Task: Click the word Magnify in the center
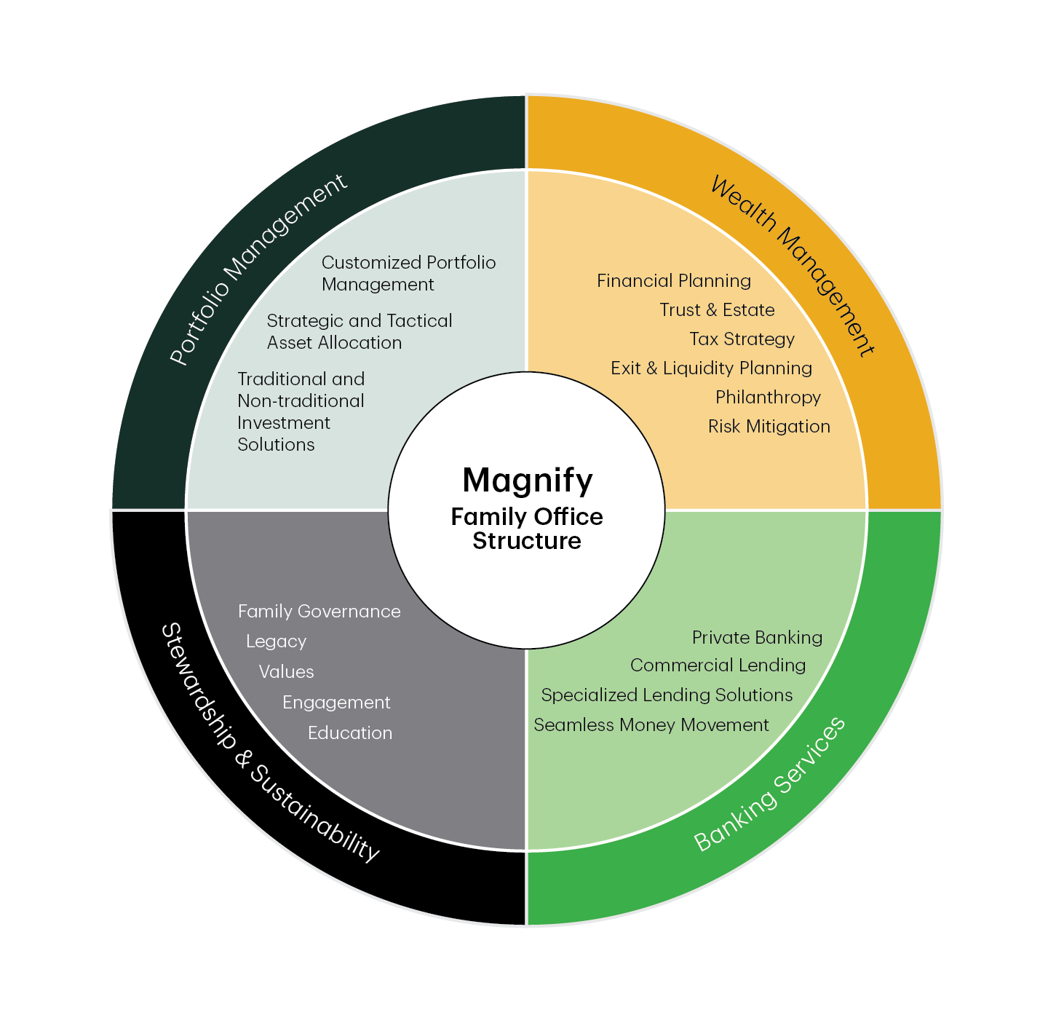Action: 528,481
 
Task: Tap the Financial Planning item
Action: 674,281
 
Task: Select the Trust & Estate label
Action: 717,310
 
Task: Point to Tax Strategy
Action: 742,339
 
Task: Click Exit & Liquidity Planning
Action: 711,368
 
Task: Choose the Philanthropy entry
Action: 768,398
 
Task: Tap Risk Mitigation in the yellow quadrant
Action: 769,427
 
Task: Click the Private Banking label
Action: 757,638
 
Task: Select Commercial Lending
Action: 718,666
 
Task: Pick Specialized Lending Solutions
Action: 667,695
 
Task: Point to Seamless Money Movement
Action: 651,725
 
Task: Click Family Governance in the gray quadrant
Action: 319,612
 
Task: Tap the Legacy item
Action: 276,641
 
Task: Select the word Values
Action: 286,672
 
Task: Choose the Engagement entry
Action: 336,703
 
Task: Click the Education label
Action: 349,733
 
